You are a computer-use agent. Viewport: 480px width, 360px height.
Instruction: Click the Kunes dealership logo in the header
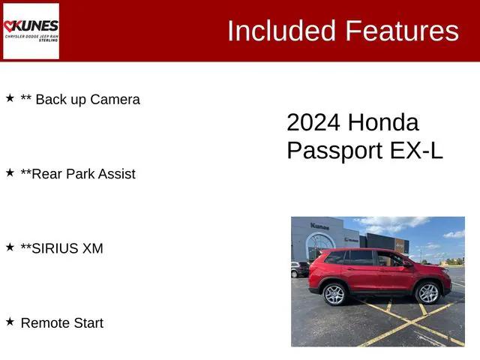click(31, 31)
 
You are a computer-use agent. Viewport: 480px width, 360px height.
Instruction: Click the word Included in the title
click(282, 31)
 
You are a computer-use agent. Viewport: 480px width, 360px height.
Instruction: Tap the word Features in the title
click(402, 31)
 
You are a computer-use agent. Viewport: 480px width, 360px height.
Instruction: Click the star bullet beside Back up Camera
click(10, 98)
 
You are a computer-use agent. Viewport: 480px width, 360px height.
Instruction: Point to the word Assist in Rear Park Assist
click(117, 174)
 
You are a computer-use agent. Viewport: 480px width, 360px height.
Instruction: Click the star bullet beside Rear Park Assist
click(10, 172)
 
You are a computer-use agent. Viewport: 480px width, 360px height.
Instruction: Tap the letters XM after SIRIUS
click(92, 249)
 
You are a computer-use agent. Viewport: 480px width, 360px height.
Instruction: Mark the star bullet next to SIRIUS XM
click(10, 247)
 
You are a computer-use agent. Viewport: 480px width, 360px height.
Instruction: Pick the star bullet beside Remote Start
click(10, 322)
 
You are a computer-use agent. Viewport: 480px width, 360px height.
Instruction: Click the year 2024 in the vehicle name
click(314, 123)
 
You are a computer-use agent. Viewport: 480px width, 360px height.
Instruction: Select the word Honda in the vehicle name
click(383, 123)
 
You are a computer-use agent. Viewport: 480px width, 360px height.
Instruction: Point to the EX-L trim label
click(416, 150)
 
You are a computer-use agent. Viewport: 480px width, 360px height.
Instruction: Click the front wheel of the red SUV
click(427, 292)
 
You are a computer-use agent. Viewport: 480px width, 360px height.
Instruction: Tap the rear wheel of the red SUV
click(334, 294)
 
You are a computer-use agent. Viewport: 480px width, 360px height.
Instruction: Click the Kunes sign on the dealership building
click(319, 226)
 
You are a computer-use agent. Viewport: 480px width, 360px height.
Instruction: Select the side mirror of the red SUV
click(408, 263)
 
